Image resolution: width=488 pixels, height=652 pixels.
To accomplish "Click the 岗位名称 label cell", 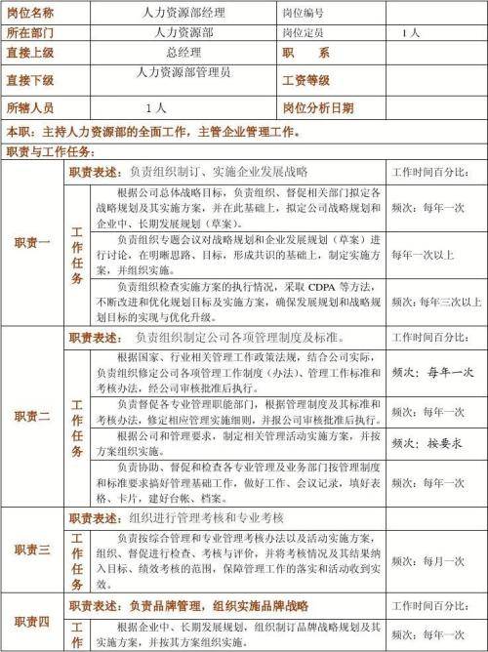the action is [x=31, y=14].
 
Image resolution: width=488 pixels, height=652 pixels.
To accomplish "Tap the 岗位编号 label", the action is [x=305, y=14].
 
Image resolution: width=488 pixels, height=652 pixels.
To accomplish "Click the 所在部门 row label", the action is [x=31, y=32].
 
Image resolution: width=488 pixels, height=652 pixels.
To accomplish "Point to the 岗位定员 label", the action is [x=305, y=32].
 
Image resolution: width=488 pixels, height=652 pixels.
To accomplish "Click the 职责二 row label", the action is [x=32, y=417].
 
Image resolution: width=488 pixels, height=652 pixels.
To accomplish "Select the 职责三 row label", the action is [x=32, y=550].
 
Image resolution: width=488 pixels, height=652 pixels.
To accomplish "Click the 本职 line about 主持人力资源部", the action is [x=166, y=131].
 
